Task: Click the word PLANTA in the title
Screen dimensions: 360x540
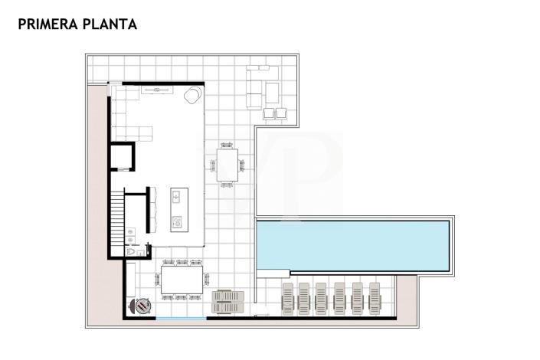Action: pos(112,25)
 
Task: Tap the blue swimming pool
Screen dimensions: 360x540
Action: pos(352,244)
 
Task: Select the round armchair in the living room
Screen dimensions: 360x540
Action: pos(192,95)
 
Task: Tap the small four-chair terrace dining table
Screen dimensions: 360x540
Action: pos(228,165)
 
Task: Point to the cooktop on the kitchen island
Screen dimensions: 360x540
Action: pos(176,223)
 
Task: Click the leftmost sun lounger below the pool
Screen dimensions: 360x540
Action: pos(287,298)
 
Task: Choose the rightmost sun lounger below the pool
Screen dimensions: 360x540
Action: pos(375,298)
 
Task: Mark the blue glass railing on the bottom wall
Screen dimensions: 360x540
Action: pos(181,318)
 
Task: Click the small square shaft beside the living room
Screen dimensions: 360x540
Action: pos(123,157)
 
